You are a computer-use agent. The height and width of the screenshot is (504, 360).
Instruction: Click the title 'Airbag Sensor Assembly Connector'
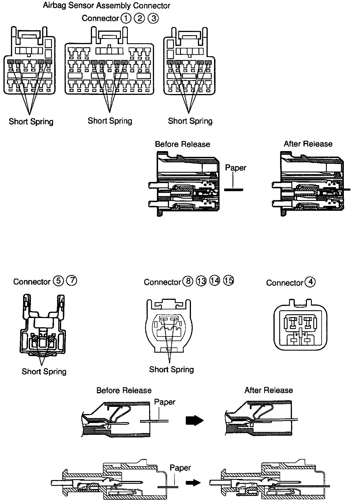pyautogui.click(x=106, y=5)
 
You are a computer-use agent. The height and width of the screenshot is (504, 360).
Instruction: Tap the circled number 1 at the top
pyautogui.click(x=126, y=18)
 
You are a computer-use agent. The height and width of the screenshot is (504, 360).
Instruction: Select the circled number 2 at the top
pyautogui.click(x=139, y=18)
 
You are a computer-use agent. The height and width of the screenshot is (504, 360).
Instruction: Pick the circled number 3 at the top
pyautogui.click(x=153, y=18)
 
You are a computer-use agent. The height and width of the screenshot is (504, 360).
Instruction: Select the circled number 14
pyautogui.click(x=215, y=281)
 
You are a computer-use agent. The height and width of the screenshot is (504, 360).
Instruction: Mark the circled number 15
pyautogui.click(x=228, y=280)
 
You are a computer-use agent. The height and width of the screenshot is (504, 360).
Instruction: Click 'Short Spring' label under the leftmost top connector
pyautogui.click(x=31, y=121)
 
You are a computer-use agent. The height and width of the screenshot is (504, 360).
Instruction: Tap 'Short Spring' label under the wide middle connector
pyautogui.click(x=110, y=121)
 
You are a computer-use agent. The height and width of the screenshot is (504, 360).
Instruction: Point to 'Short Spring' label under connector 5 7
pyautogui.click(x=44, y=371)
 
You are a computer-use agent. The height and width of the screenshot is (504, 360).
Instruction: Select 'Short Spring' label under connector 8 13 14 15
pyautogui.click(x=171, y=369)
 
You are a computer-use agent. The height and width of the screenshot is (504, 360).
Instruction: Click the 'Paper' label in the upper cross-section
pyautogui.click(x=235, y=168)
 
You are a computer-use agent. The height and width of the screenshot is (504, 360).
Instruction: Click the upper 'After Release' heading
pyautogui.click(x=308, y=144)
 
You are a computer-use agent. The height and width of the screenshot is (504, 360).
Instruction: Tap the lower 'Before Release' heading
pyautogui.click(x=124, y=390)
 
